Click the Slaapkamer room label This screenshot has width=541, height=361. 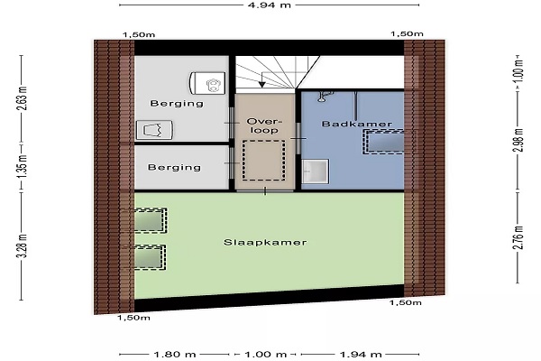point(265,242)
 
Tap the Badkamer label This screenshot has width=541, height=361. point(357,124)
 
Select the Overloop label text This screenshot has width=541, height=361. point(264,125)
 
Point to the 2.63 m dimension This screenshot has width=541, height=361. point(23,98)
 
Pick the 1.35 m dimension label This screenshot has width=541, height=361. point(23,167)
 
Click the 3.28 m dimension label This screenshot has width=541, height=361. point(23,246)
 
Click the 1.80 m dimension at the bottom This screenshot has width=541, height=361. point(175,355)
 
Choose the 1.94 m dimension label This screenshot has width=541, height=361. point(361,355)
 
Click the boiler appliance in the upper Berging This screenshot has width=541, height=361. point(207,83)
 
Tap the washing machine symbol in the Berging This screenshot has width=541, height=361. point(154,130)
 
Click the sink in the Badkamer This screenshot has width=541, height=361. point(315,171)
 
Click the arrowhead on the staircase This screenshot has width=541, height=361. point(261,84)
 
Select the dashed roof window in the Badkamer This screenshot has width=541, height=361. point(383,142)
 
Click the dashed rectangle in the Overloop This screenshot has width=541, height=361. point(263,160)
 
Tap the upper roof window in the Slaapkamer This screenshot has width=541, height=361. point(150,220)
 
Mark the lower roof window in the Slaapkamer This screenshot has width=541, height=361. point(149,257)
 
